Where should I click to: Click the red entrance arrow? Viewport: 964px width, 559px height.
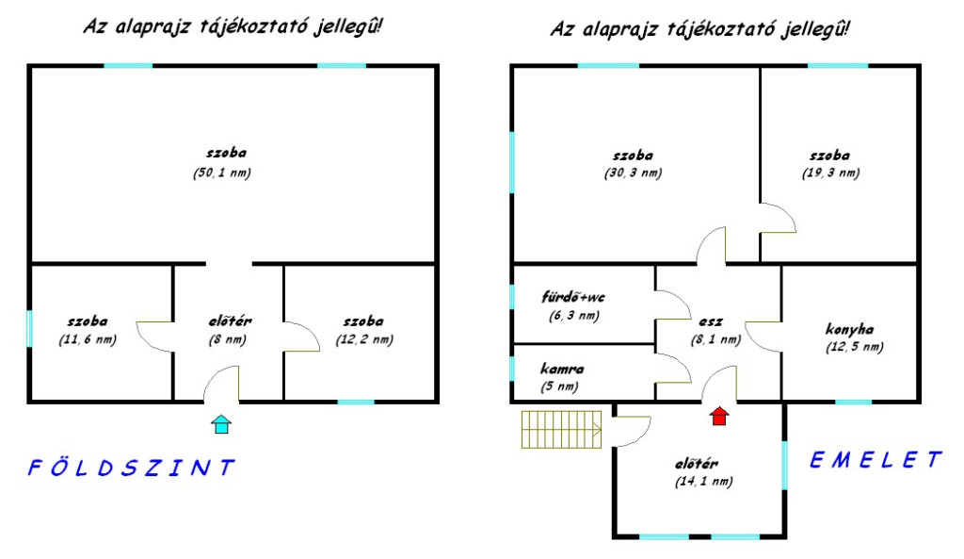tap(719, 416)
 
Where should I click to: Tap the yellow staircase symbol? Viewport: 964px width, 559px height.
tap(562, 430)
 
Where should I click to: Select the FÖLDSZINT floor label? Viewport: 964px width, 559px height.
tap(129, 467)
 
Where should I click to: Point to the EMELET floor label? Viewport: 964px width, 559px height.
tap(876, 460)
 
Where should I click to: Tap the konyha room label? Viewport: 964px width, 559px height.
tap(849, 330)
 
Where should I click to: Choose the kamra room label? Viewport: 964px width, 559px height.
tap(561, 369)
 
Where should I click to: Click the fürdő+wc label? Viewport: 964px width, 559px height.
tap(574, 298)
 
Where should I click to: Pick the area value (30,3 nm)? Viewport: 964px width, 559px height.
tap(633, 173)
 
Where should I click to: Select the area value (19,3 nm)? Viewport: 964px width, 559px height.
tap(830, 173)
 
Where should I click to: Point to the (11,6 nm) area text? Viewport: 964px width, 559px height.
tap(87, 339)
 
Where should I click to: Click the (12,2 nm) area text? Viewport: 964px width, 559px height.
tap(362, 339)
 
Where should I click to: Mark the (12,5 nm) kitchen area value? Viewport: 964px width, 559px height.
tap(854, 347)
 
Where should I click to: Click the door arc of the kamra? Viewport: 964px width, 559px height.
tap(669, 369)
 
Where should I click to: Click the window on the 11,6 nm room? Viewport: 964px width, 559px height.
tap(30, 328)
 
